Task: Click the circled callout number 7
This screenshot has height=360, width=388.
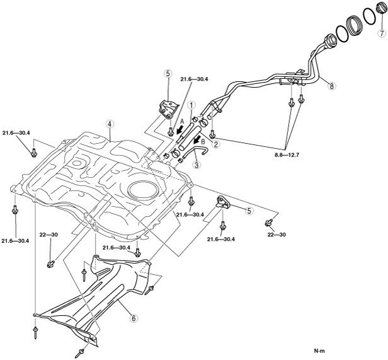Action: [x=382, y=33]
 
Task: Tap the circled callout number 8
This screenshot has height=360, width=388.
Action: [x=331, y=86]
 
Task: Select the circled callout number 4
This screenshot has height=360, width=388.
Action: [x=110, y=124]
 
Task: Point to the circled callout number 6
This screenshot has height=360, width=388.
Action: [x=134, y=318]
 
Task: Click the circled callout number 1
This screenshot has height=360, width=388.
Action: [x=191, y=105]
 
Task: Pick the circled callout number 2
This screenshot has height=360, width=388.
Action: [x=216, y=144]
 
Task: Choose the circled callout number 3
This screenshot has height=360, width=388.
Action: [x=197, y=165]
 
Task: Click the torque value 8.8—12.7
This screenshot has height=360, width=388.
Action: [x=287, y=155]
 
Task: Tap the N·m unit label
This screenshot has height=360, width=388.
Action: [x=319, y=351]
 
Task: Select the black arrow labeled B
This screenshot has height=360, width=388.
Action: [x=198, y=139]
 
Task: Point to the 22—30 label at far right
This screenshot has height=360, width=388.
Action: [x=277, y=234]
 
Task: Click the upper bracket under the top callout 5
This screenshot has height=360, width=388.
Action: [x=168, y=108]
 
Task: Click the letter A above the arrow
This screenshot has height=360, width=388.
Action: [x=182, y=122]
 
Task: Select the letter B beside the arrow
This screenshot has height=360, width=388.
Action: [x=203, y=142]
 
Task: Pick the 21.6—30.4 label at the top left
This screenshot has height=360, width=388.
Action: [x=16, y=133]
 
